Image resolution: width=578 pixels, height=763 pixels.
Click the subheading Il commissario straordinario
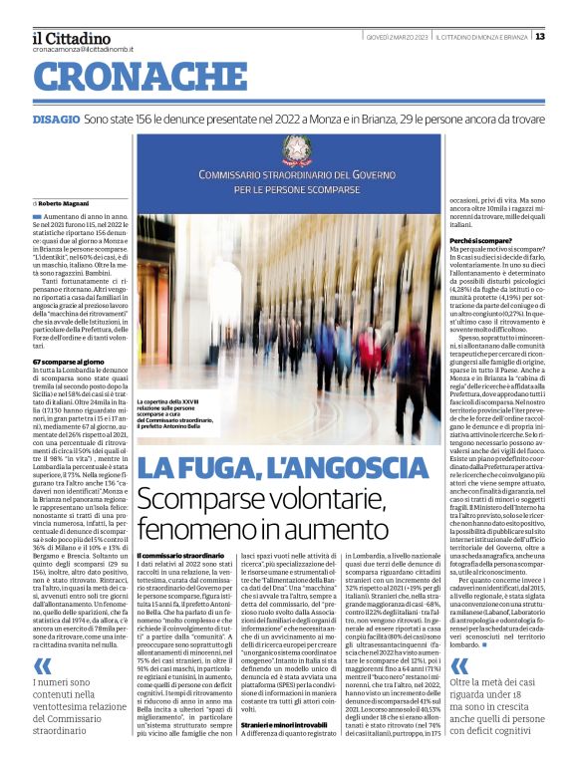180,554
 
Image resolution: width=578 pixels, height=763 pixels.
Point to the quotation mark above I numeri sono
41,636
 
